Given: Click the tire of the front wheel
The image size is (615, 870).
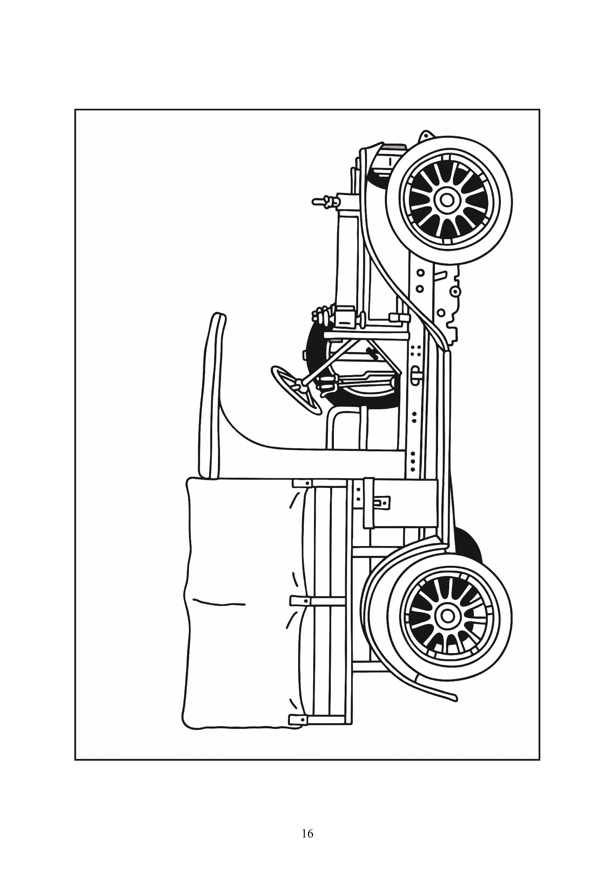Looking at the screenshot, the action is click(x=449, y=200).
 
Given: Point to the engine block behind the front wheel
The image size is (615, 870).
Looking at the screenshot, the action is click(x=449, y=301).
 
